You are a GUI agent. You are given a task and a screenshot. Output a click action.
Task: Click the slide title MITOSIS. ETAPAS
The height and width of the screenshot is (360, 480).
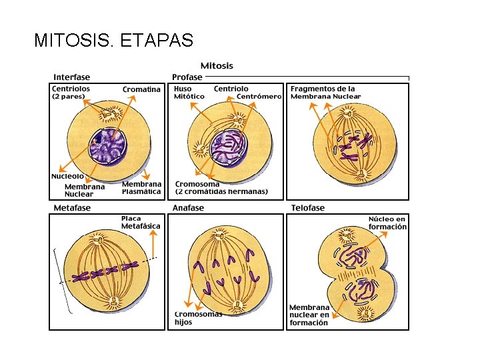pos(113,41)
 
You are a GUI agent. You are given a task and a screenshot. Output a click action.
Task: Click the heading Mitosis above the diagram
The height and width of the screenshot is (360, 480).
pos(217,65)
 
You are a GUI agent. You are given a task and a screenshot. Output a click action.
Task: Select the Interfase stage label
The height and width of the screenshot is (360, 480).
pos(72,77)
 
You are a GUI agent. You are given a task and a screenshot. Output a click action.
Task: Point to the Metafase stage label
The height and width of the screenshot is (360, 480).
pos(72,207)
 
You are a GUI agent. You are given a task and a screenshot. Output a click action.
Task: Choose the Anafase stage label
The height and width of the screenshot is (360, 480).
pos(188,207)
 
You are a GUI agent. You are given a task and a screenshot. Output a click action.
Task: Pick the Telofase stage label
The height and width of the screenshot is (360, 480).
pos(308,207)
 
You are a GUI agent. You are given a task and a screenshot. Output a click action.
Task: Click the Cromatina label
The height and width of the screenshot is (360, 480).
pos(141,89)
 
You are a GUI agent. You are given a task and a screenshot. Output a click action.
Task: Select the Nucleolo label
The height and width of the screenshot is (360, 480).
pos(67,176)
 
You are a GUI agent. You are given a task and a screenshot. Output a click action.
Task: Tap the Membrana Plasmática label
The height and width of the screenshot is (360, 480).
pos(141,187)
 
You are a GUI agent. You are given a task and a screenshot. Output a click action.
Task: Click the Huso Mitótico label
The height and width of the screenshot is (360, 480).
pos(189,92)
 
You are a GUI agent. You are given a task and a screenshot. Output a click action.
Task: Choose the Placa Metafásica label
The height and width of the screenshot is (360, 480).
pos(141,222)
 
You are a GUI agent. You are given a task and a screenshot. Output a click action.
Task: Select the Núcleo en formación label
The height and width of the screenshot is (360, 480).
pos(387,223)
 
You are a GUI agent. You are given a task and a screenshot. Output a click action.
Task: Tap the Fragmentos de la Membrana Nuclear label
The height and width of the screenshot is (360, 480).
pos(325,92)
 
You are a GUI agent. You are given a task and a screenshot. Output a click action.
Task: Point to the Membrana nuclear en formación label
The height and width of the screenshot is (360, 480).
pos(309,315)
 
